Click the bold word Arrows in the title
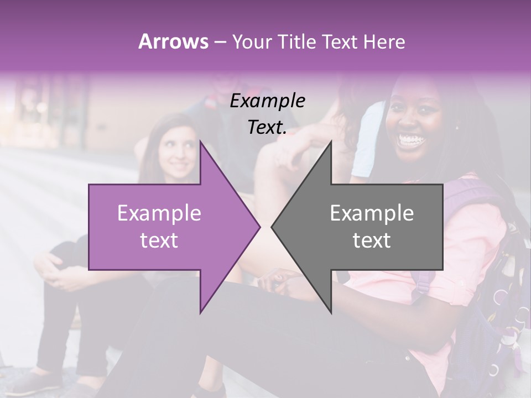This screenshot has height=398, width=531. (173, 41)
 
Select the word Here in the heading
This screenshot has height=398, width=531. (383, 41)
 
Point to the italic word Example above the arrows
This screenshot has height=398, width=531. (267, 101)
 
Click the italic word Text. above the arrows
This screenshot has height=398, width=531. (267, 128)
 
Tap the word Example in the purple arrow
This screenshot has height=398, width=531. (159, 213)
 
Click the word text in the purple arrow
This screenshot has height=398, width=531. (159, 240)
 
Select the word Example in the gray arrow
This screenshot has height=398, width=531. (372, 213)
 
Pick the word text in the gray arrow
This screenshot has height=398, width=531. (372, 240)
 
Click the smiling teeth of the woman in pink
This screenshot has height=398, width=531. (410, 139)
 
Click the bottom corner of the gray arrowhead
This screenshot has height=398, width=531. (331, 312)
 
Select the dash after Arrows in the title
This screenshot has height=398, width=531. (219, 42)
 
